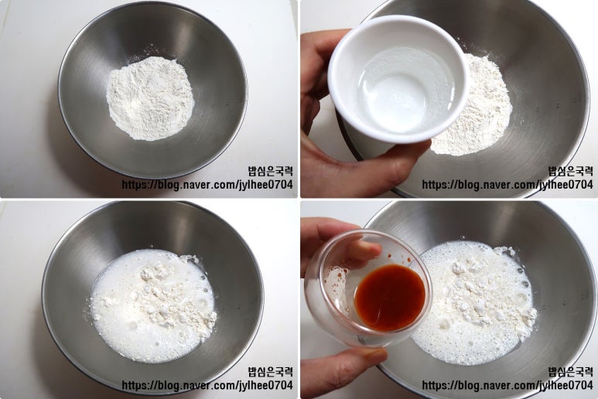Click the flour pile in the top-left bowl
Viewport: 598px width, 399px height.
(150, 98)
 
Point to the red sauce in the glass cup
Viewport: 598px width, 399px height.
(390, 297)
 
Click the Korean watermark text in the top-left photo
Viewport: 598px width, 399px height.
(271, 171)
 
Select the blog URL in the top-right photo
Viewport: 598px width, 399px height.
(507, 185)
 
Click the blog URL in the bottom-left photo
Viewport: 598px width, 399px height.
(207, 385)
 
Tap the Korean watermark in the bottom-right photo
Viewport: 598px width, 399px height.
(571, 372)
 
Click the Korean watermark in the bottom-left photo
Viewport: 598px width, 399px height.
(271, 372)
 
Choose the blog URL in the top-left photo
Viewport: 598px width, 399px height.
(207, 185)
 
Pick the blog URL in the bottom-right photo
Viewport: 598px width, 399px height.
(507, 385)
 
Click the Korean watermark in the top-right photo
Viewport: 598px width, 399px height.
(571, 171)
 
